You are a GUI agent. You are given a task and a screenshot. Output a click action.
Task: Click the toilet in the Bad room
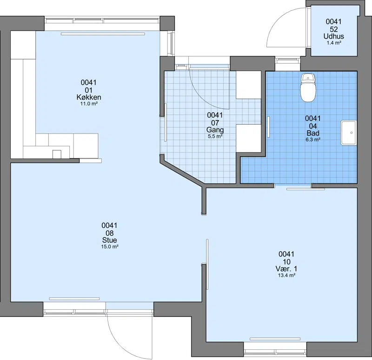tap(308, 87)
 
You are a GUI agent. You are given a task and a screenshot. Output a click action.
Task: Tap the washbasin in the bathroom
tap(348, 133)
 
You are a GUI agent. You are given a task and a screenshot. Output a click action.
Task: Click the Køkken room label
tap(89, 97)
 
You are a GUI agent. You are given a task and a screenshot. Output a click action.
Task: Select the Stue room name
tap(110, 240)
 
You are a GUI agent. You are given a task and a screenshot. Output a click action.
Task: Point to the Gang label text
tap(215, 130)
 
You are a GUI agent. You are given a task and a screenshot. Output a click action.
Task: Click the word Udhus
tap(333, 36)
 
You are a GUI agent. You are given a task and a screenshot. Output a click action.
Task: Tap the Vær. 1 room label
tap(286, 269)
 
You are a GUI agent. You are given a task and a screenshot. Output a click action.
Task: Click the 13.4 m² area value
tap(286, 275)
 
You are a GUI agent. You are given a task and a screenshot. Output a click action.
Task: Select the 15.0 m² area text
tap(110, 247)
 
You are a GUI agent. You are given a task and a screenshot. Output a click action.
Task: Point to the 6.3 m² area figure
tap(313, 140)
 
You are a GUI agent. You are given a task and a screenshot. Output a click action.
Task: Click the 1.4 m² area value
tap(334, 43)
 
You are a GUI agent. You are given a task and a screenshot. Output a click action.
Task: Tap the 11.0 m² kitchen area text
tap(89, 104)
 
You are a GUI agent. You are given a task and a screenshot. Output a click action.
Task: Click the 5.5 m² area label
tap(215, 136)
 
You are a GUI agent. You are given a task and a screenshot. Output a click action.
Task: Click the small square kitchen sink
tap(57, 154)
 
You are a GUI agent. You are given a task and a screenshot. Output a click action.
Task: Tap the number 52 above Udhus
tap(333, 29)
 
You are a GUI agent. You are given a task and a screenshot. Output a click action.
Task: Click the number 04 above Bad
tap(313, 126)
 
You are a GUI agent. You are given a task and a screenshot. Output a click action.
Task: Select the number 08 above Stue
tap(110, 233)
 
